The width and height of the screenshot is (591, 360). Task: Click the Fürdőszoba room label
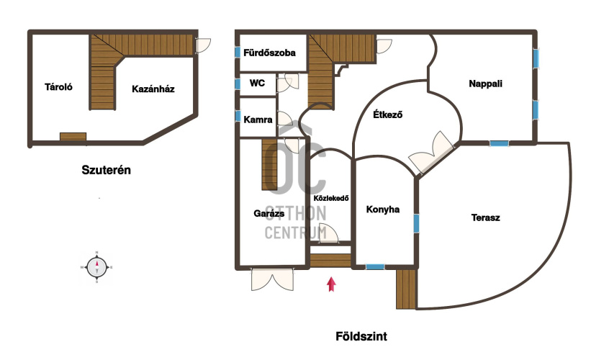(269, 53)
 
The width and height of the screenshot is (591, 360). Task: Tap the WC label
(257, 83)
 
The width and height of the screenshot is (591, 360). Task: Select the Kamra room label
(258, 120)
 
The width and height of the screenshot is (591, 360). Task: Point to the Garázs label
(269, 213)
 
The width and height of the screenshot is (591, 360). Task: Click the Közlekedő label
(331, 198)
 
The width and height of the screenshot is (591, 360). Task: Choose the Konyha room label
(383, 210)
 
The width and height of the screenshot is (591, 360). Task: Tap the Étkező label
(388, 114)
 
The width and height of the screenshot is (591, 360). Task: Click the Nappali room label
(485, 84)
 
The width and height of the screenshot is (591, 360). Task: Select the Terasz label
(485, 217)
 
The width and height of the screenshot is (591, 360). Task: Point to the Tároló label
(58, 86)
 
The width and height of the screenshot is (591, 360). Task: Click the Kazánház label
(153, 89)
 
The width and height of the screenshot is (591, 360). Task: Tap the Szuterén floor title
(107, 170)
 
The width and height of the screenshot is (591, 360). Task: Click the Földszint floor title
(361, 336)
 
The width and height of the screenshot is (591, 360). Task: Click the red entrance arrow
(331, 284)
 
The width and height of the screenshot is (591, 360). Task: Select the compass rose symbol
(97, 267)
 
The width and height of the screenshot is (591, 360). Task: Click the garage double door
(272, 279)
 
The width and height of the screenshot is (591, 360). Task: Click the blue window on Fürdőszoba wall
(238, 52)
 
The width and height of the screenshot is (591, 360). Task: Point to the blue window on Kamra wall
(238, 116)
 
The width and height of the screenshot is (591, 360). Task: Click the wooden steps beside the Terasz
(406, 289)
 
